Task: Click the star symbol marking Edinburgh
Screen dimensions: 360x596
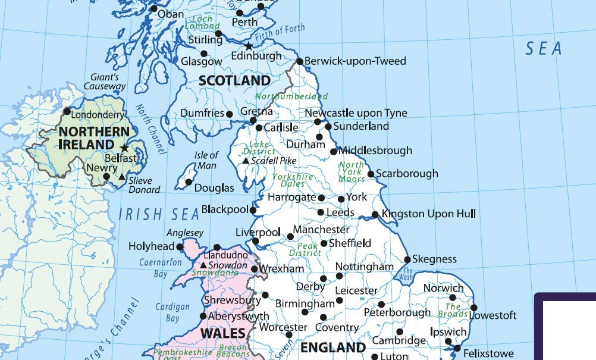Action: (249, 46)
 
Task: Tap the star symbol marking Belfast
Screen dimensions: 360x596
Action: (124, 148)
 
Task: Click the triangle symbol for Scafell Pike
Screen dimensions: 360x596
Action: (245, 161)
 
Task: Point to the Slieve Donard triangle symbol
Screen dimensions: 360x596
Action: (122, 177)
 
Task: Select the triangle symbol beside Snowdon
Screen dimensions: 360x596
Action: (203, 265)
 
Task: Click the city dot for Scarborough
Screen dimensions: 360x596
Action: (371, 174)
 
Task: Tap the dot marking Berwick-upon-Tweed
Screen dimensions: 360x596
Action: (300, 61)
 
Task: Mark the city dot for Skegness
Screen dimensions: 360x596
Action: (407, 259)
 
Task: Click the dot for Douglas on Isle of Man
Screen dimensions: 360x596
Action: (189, 182)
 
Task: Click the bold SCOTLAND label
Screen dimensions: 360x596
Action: (234, 80)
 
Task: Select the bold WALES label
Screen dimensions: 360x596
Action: (222, 333)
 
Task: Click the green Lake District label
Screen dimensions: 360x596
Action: (259, 148)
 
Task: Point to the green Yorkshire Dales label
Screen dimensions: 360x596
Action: (293, 180)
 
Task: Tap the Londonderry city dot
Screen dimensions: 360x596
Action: (67, 111)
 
